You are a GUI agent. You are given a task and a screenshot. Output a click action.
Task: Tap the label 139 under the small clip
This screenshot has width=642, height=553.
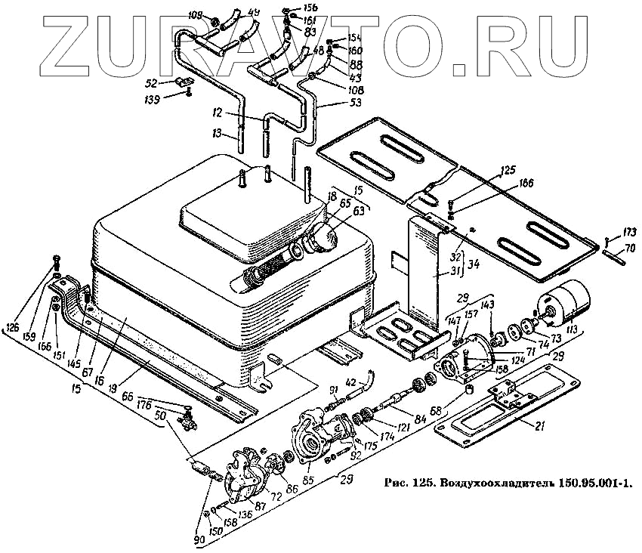(x=152, y=100)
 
